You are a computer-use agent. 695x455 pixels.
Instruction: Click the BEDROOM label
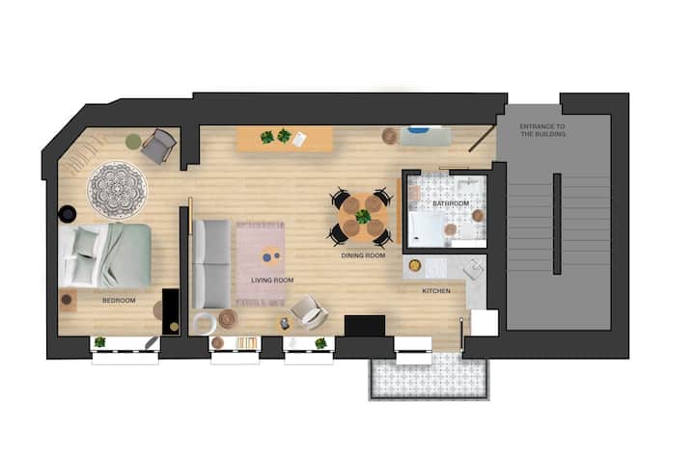119,301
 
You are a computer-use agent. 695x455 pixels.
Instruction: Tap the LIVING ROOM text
272,281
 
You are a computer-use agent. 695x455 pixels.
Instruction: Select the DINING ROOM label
363,255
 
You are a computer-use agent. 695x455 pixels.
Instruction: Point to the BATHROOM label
451,203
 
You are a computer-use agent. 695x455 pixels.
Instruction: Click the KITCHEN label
436,291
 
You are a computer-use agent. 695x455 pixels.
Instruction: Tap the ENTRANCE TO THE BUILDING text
542,130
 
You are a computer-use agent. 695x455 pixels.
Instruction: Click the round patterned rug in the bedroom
118,190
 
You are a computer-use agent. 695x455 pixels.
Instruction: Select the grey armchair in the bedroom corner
158,146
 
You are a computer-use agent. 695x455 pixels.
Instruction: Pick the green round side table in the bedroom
133,142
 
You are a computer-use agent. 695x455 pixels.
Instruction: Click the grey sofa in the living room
211,264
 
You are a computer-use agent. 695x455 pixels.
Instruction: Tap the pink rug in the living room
261,264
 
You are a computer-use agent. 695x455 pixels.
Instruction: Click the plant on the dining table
363,217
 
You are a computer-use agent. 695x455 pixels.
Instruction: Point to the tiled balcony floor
430,375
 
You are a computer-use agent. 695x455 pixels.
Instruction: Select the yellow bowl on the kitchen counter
415,265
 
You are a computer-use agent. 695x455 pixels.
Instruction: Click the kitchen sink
473,270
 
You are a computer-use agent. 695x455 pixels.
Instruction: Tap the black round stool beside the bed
68,214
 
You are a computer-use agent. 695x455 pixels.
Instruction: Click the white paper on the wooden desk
299,139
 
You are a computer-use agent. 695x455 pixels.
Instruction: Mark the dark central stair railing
557,224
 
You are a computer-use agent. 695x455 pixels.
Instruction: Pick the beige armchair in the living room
308,313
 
